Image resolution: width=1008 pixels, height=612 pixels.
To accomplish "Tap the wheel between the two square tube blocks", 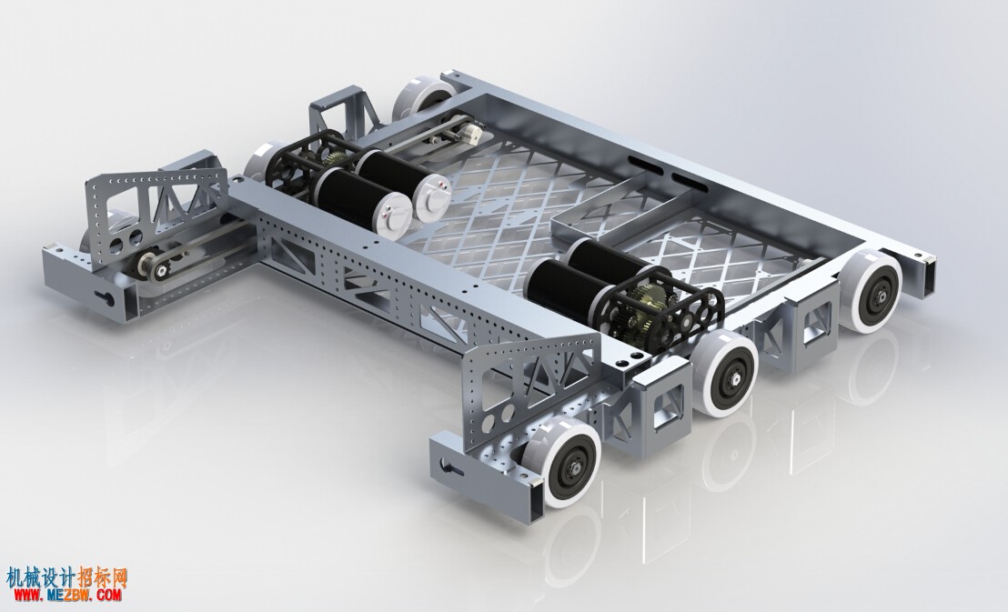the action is point(725,373).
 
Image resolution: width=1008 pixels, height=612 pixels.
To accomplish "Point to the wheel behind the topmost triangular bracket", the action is point(424,96).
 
